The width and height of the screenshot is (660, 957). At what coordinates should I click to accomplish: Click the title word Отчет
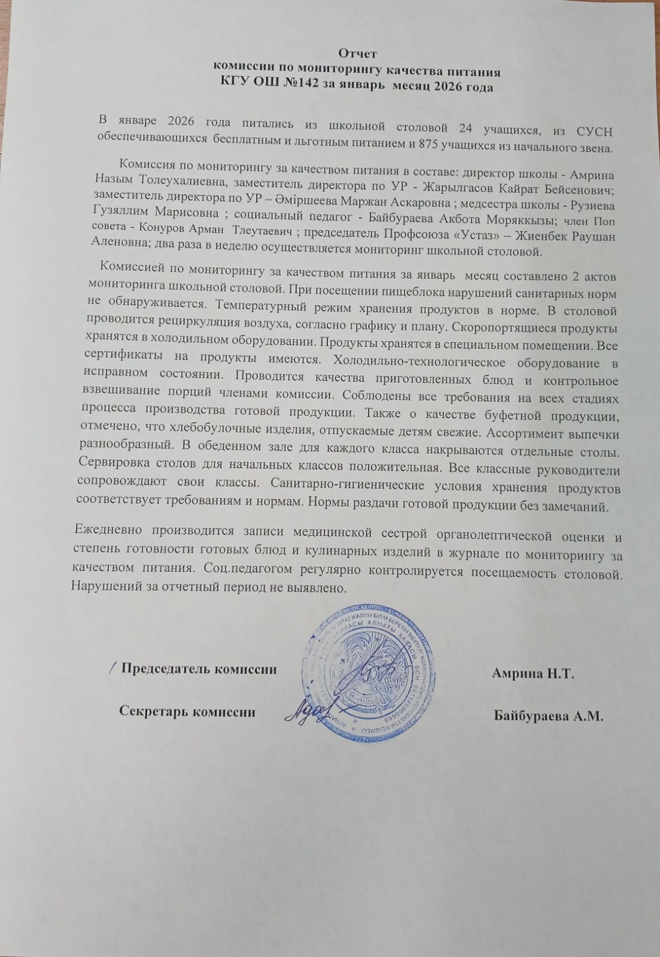point(357,54)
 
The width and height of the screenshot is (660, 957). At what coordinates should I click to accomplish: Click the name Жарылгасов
point(457,188)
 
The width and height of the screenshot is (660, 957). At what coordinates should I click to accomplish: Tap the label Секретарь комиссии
point(187,712)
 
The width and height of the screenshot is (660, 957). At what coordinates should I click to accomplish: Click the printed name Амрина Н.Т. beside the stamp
point(533,674)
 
